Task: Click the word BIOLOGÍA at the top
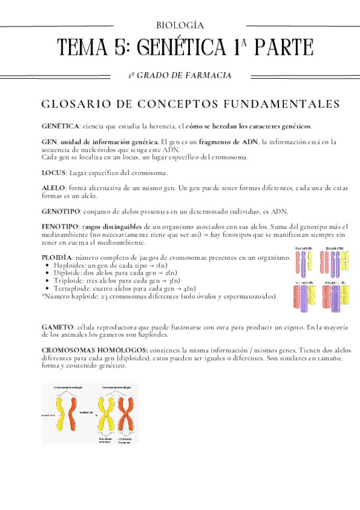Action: coord(180,25)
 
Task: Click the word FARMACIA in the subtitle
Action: coord(210,75)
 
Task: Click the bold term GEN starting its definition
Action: coord(48,141)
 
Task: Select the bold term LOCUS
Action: coord(53,173)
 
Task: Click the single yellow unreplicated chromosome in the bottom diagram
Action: coord(61,413)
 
